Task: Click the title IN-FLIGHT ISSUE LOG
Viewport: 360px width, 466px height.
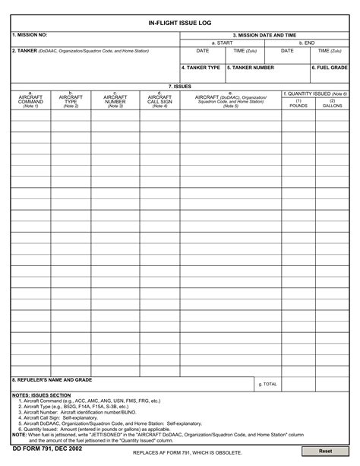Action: pyautogui.click(x=180, y=24)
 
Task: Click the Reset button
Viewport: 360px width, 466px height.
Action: pyautogui.click(x=324, y=451)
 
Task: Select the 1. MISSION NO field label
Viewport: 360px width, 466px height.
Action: pyautogui.click(x=30, y=35)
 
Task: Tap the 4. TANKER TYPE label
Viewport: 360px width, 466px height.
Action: pyautogui.click(x=201, y=68)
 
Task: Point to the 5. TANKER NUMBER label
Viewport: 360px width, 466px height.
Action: pyautogui.click(x=251, y=68)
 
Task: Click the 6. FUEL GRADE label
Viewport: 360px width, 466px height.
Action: pyautogui.click(x=330, y=68)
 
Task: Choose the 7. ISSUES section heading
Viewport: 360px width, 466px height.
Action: pyautogui.click(x=180, y=86)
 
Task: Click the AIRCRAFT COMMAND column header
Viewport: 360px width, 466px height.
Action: pyautogui.click(x=30, y=100)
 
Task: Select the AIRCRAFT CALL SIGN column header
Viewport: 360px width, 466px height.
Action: pyautogui.click(x=159, y=100)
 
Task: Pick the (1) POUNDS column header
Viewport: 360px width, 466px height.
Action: pyautogui.click(x=298, y=103)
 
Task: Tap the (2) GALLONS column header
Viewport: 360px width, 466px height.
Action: pyautogui.click(x=332, y=103)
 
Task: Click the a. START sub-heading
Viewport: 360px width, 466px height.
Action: pyautogui.click(x=223, y=43)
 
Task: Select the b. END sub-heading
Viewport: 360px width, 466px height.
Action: pyautogui.click(x=308, y=43)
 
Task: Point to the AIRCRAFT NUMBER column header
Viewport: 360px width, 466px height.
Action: pyautogui.click(x=115, y=100)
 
